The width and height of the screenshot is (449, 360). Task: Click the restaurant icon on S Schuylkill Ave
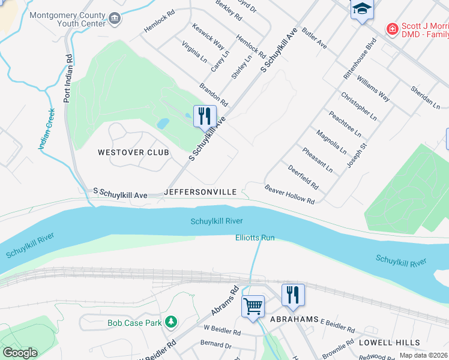coord(204,115)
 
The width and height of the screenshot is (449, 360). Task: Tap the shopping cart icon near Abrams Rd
coord(253,305)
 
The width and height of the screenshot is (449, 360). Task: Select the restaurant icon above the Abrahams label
coord(292,295)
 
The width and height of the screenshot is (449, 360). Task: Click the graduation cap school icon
coord(362,8)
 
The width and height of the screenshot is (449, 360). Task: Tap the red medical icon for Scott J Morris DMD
coord(392,28)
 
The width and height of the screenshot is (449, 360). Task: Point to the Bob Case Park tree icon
coord(171,323)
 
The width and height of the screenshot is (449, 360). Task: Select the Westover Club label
coord(133,152)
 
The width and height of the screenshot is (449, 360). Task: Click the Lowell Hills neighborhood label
coord(390,342)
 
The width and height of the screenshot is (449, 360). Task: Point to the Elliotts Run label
coord(255,238)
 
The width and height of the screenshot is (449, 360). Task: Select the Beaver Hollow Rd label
coord(290,194)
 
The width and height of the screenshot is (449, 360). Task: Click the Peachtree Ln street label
coord(345,124)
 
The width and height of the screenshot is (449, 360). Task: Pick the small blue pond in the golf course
coord(163,124)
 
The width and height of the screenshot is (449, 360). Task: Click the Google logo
coord(20,353)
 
